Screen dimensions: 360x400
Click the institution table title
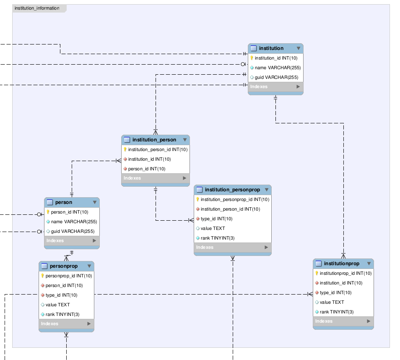coord(271,48)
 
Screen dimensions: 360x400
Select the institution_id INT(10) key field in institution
coord(276,58)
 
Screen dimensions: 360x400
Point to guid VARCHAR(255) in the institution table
coord(276,77)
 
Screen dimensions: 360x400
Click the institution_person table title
coord(154,140)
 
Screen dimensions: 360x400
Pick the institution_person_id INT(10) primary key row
coord(158,149)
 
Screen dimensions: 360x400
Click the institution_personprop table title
coord(232,190)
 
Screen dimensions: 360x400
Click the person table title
coord(64,202)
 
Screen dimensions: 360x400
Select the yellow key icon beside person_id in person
coord(48,212)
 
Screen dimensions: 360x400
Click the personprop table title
coord(64,266)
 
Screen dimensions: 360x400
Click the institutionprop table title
coord(341,263)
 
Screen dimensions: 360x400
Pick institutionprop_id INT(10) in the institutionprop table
coord(345,273)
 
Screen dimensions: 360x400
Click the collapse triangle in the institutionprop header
coord(369,263)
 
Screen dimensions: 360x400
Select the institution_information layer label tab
coord(37,8)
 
